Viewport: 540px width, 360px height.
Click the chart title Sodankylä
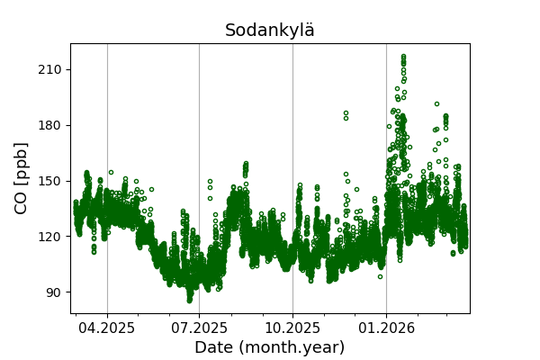point(270,31)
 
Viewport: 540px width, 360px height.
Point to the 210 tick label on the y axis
point(50,69)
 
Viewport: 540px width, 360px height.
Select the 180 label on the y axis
point(50,125)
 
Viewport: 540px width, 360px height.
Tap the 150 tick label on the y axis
point(50,181)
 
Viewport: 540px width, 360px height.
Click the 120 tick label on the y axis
point(50,237)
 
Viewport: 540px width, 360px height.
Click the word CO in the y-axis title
point(22,199)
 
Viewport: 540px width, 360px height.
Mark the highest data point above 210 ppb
point(403,56)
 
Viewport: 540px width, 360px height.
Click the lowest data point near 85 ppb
point(190,301)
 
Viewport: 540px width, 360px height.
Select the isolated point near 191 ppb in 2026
point(436,103)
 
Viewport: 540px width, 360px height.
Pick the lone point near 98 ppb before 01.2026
point(379,276)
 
